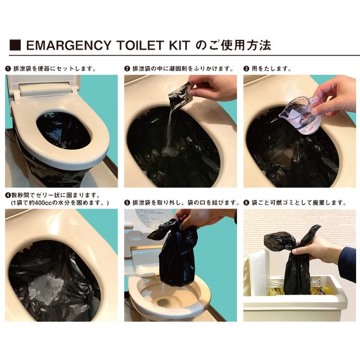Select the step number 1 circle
[8, 69]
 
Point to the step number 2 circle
[127, 69]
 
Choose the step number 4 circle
[8, 194]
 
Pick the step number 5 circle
[127, 202]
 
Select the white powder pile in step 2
[168, 151]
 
